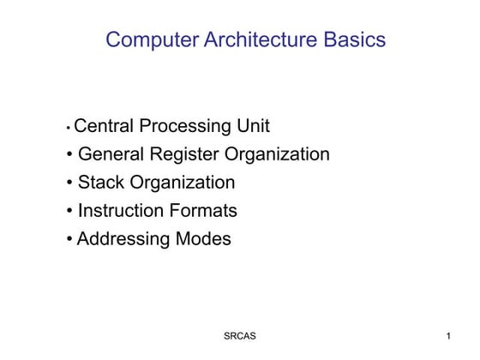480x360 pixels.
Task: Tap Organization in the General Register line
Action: pos(277,155)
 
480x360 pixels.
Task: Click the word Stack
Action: pos(101,183)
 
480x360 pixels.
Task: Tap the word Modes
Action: pos(201,239)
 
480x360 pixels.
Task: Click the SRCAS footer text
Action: pos(239,336)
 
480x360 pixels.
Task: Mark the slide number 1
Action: pos(449,336)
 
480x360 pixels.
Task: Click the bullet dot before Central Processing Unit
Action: pos(68,129)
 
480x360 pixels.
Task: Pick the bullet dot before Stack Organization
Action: pos(69,183)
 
